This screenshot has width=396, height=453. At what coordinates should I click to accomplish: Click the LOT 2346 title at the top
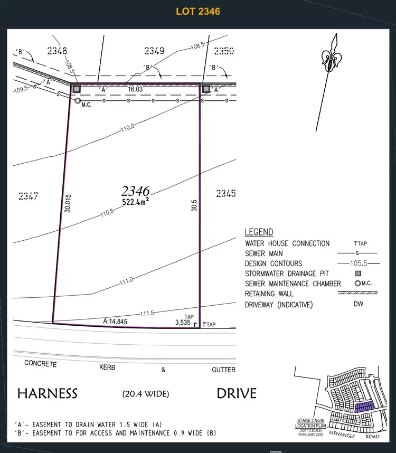(x=198, y=11)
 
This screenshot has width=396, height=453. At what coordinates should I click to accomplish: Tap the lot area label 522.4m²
(x=136, y=201)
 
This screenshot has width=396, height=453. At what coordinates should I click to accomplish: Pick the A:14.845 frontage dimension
(x=115, y=320)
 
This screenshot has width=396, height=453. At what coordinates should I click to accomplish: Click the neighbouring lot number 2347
(x=28, y=196)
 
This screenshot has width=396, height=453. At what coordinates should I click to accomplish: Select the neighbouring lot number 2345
(x=225, y=194)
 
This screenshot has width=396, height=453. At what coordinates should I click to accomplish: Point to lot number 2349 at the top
(x=154, y=51)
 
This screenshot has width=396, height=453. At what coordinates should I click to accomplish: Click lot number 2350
(x=224, y=51)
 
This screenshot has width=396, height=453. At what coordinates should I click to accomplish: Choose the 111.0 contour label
(x=126, y=281)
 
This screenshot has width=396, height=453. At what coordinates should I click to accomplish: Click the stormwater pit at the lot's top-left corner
(x=77, y=89)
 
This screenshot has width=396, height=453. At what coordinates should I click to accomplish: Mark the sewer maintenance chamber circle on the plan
(x=78, y=100)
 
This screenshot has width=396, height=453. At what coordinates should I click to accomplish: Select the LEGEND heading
(x=259, y=232)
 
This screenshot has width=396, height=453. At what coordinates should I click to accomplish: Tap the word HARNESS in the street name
(x=48, y=393)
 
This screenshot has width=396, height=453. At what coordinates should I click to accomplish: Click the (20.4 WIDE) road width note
(x=146, y=394)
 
